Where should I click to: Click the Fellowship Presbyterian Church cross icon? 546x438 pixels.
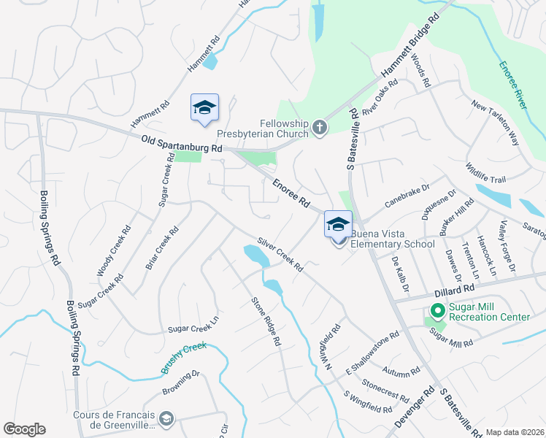[x=319, y=128]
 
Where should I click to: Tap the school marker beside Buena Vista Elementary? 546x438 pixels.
[x=338, y=224]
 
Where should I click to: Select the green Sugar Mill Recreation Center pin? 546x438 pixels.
[x=437, y=312]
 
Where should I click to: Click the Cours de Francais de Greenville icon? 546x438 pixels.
[x=166, y=419]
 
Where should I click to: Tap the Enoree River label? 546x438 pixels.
[x=513, y=85]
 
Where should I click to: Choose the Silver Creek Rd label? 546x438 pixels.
[x=280, y=254]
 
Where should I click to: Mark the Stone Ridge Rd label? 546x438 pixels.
[x=266, y=320]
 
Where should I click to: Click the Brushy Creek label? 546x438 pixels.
[x=185, y=358]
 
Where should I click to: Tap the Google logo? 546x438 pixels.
[x=24, y=429]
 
